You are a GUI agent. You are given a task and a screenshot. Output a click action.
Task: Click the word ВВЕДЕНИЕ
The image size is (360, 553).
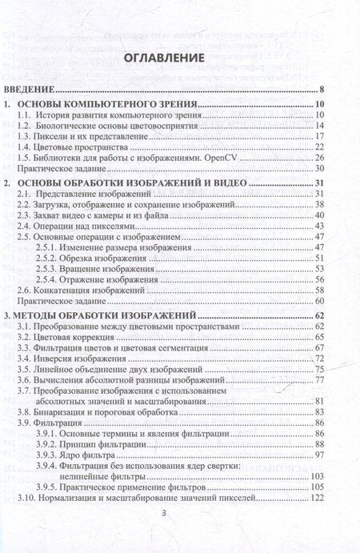pos(34,90)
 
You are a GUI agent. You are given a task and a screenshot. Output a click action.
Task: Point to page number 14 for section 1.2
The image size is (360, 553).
pos(318,126)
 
